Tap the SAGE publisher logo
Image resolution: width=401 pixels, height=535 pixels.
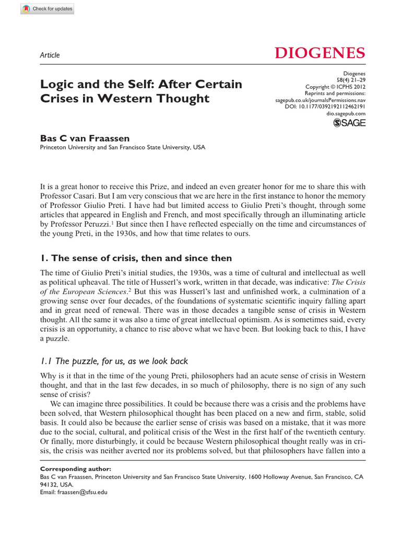point(349,123)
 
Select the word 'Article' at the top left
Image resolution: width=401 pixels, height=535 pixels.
point(50,55)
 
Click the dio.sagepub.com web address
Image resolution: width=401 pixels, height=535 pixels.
point(346,113)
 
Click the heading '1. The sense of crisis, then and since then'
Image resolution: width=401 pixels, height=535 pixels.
point(136,258)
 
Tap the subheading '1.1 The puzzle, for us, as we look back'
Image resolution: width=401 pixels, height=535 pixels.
point(114,361)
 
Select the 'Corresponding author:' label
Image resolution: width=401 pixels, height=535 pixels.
point(75,469)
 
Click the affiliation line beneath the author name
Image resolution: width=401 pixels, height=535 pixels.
point(123,147)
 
